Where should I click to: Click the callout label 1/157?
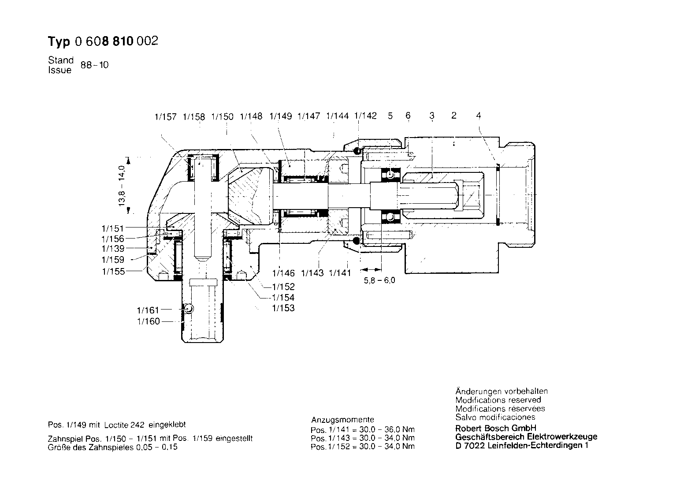tap(165, 117)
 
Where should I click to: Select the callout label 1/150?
tap(223, 117)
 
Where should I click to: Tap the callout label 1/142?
tap(365, 116)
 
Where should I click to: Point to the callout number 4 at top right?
tap(479, 116)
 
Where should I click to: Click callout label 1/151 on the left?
tap(113, 228)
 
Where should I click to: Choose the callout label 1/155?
tap(114, 272)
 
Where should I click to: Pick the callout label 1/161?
tap(148, 310)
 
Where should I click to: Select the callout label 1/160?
tap(149, 321)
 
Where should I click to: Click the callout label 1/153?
tap(283, 308)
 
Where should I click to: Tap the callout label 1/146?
tap(283, 273)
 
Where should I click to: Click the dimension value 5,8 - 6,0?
tap(379, 280)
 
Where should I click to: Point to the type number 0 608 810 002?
tap(117, 41)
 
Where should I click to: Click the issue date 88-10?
tap(94, 65)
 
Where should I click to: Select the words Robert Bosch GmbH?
tap(496, 428)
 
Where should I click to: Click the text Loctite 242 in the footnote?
tap(124, 425)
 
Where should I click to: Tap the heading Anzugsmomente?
tap(343, 420)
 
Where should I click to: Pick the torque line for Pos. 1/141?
tap(363, 430)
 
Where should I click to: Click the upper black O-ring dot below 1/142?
tap(357, 150)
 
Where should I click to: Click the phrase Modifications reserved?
tap(498, 400)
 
